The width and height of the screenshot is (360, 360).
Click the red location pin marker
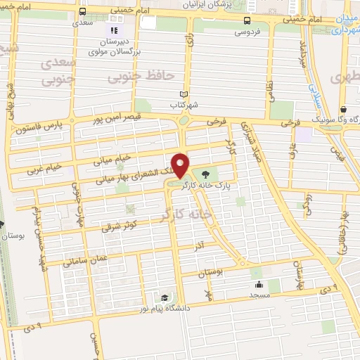(181, 164)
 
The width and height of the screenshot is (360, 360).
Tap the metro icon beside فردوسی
(246, 20)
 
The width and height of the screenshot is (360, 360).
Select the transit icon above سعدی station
(83, 12)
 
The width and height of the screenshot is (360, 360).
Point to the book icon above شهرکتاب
(184, 94)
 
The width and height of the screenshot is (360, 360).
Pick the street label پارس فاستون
(46, 129)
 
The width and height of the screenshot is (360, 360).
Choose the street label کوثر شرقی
(120, 225)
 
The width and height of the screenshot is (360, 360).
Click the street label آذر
(200, 245)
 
